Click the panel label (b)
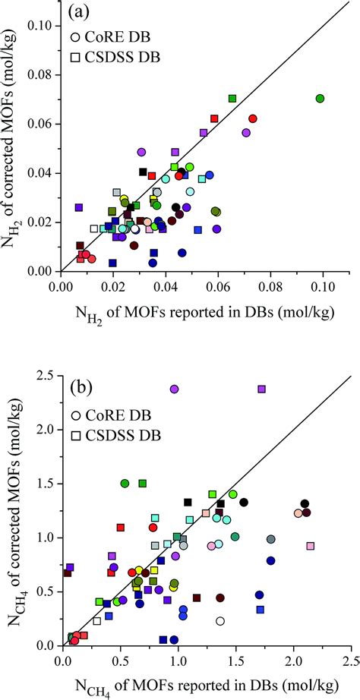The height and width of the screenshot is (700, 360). coord(81,386)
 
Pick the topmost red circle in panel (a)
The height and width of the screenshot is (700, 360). coord(253,118)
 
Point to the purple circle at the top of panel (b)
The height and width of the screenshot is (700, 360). coord(174,389)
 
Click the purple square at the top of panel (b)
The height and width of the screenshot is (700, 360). coord(262,389)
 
